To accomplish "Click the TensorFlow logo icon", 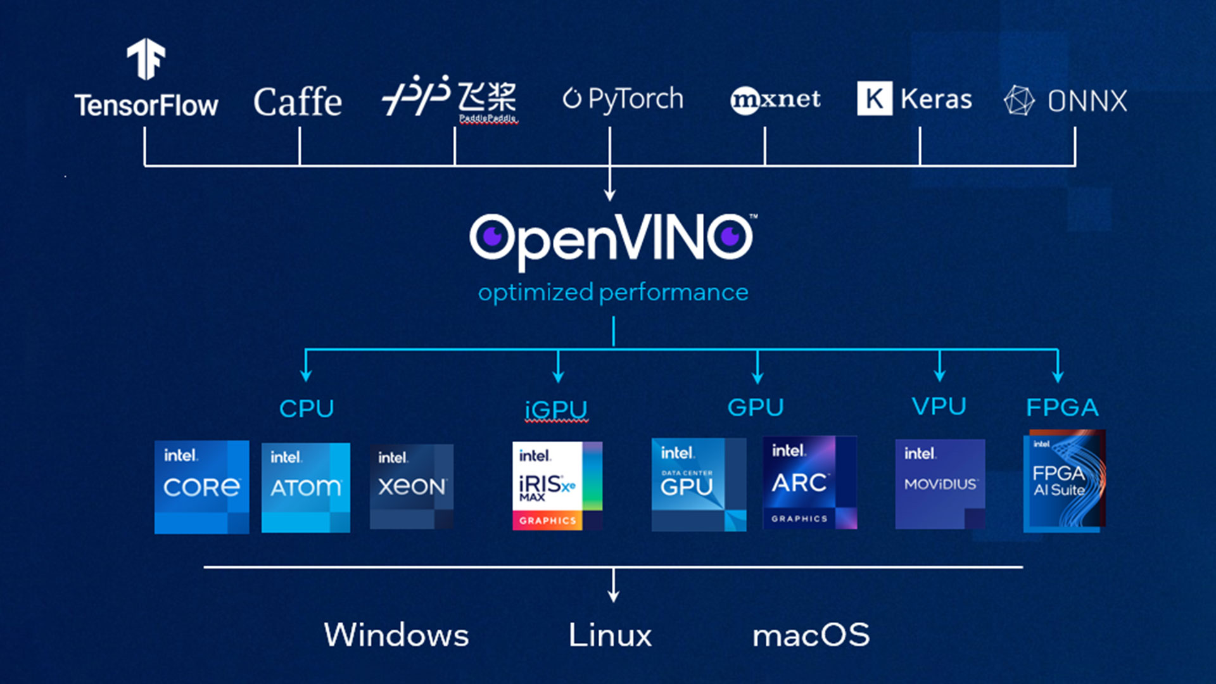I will (x=146, y=58).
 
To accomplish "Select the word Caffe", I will (x=298, y=102).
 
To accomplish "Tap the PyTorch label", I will (x=624, y=99).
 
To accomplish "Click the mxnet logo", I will (x=775, y=99).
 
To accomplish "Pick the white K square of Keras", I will (x=875, y=98).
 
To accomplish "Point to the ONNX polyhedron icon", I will (x=1019, y=100).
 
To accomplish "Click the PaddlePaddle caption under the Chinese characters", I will (x=488, y=118).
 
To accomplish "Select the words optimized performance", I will (x=613, y=293).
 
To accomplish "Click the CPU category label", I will (x=307, y=408).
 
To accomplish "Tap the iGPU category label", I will (x=556, y=410).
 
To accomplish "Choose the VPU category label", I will (x=939, y=407).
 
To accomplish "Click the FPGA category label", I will (x=1062, y=407).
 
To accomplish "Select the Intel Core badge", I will (x=201, y=487).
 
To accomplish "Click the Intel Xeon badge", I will (x=412, y=486).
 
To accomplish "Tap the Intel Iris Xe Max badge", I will (x=557, y=486).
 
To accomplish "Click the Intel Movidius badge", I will (x=940, y=484).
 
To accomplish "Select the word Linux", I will (x=610, y=635).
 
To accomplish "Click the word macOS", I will (x=811, y=635).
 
